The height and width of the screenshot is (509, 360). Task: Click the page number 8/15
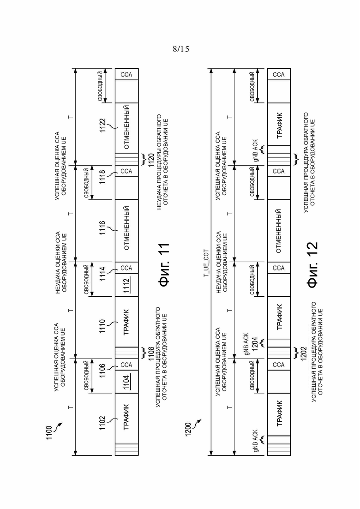click(181, 49)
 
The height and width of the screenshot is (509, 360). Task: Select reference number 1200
click(189, 429)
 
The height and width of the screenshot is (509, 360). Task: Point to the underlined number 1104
click(126, 382)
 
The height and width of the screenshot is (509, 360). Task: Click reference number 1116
click(102, 228)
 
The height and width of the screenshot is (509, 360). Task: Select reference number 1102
click(102, 423)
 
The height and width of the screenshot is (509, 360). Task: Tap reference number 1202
click(304, 354)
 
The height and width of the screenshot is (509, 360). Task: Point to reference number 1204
click(255, 344)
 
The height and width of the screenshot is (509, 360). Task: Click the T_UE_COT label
click(206, 263)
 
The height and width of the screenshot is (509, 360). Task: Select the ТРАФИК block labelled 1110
click(126, 322)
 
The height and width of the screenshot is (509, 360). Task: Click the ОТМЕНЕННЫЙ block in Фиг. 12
click(279, 231)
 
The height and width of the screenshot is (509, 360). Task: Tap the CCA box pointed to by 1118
click(126, 171)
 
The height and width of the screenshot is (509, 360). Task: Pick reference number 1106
click(102, 371)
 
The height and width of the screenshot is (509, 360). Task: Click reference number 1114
click(102, 274)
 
